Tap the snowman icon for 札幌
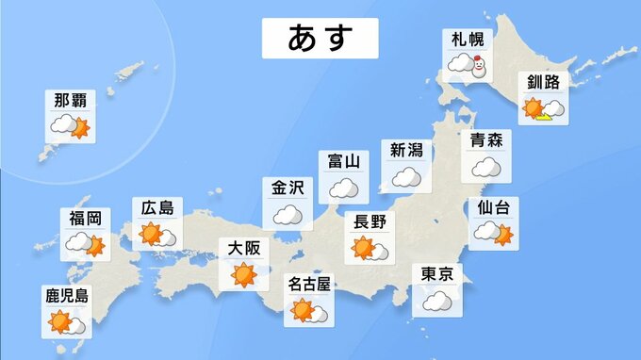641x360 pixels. [x=479, y=66]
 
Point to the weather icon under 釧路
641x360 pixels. [x=544, y=110]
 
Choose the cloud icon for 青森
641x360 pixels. [x=486, y=167]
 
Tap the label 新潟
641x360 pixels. [x=407, y=151]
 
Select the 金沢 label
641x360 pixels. [x=288, y=188]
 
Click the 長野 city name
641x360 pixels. [x=369, y=223]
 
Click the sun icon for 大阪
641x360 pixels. [x=243, y=276]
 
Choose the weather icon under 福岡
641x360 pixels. [x=84, y=245]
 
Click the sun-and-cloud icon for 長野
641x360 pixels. [x=370, y=249]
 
